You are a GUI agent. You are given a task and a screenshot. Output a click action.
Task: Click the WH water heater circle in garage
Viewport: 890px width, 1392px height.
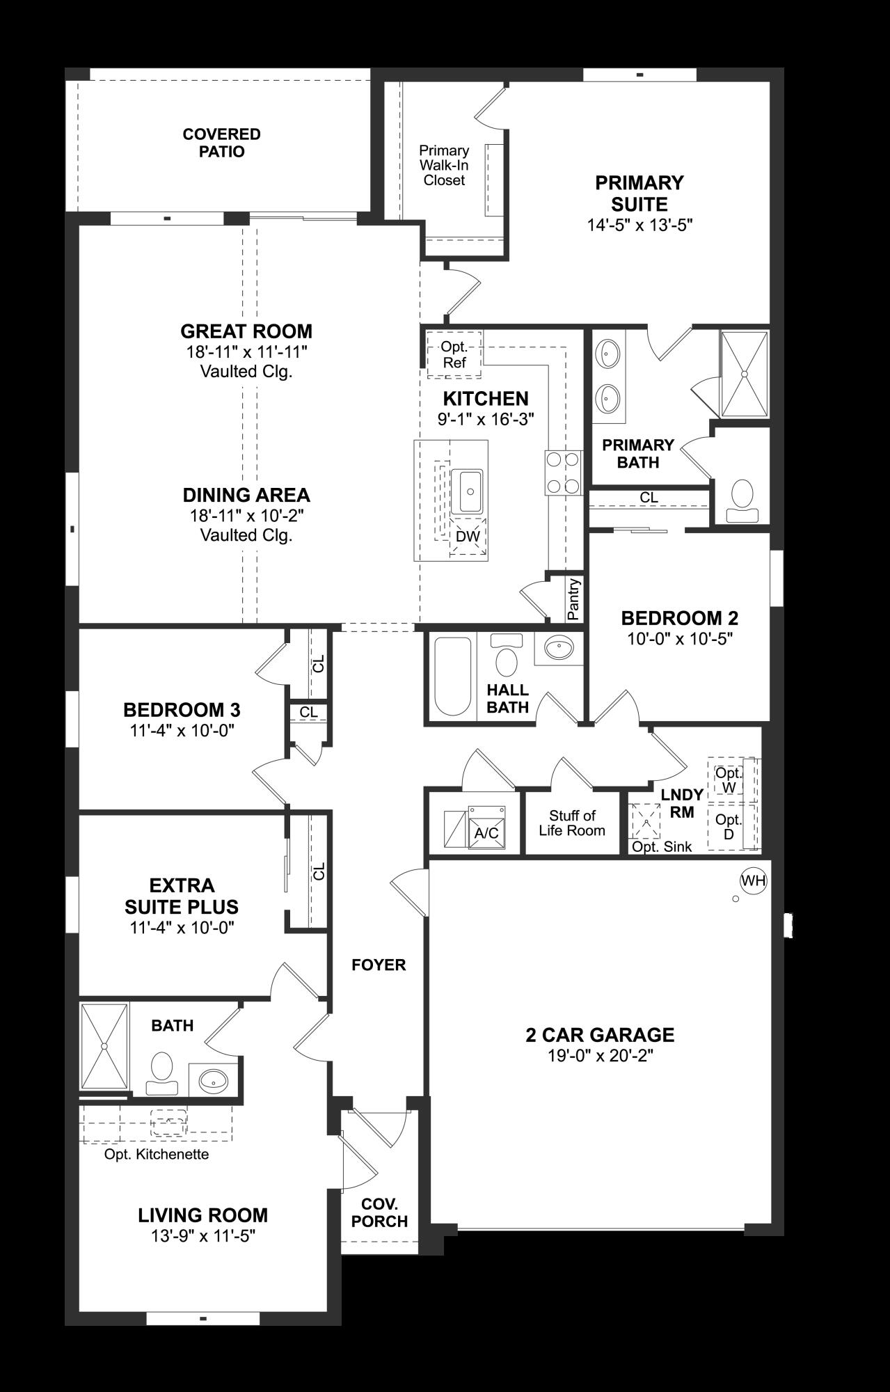pyautogui.click(x=753, y=880)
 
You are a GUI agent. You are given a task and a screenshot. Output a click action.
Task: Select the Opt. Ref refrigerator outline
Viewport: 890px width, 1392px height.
pyautogui.click(x=454, y=356)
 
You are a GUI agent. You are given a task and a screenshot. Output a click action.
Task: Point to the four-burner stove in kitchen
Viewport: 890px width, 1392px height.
pyautogui.click(x=563, y=473)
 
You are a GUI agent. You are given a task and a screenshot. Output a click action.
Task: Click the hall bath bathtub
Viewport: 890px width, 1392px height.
pyautogui.click(x=452, y=677)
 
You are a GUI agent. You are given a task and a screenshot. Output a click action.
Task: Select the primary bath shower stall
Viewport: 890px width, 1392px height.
pyautogui.click(x=744, y=374)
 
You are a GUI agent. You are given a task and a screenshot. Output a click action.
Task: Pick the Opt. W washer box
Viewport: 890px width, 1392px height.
pyautogui.click(x=729, y=780)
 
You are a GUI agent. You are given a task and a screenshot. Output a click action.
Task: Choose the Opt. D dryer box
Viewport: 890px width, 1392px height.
pyautogui.click(x=728, y=827)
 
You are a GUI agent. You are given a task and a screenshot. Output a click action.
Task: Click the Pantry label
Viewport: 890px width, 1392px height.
pyautogui.click(x=573, y=599)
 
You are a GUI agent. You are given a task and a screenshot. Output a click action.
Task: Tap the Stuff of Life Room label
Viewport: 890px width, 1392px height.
pyautogui.click(x=572, y=823)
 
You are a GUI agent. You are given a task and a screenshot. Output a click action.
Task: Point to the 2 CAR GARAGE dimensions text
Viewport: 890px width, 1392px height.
pyautogui.click(x=600, y=1056)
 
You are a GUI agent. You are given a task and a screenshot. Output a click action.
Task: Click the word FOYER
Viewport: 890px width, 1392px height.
pyautogui.click(x=379, y=965)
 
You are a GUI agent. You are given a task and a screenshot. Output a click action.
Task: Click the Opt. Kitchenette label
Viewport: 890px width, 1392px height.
pyautogui.click(x=157, y=1154)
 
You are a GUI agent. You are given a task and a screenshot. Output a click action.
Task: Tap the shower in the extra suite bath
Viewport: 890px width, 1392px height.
pyautogui.click(x=104, y=1046)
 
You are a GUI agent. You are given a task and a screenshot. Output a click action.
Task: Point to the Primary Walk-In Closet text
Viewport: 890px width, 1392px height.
pyautogui.click(x=444, y=166)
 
